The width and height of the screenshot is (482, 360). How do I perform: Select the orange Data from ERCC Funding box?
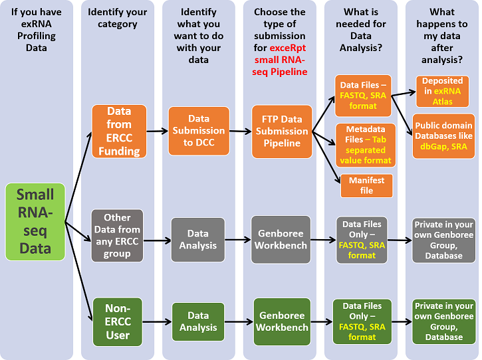[x=119, y=131]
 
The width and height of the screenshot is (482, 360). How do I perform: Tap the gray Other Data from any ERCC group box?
[x=117, y=235]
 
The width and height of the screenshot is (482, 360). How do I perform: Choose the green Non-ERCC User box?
[x=117, y=321]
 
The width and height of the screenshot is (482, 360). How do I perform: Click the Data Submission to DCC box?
[x=199, y=131]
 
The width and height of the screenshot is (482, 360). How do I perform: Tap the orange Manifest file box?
[x=366, y=185]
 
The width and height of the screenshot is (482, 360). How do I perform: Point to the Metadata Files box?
[x=366, y=144]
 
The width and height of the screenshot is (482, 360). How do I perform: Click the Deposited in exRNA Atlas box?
[x=442, y=90]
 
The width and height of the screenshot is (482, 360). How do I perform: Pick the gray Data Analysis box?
[x=197, y=239]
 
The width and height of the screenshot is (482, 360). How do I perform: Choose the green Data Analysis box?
[x=197, y=321]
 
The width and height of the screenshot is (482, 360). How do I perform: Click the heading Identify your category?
[x=117, y=18]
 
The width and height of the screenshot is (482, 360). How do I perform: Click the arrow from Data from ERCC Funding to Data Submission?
[x=157, y=131]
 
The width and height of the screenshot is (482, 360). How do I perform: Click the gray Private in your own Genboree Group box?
[x=443, y=240]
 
